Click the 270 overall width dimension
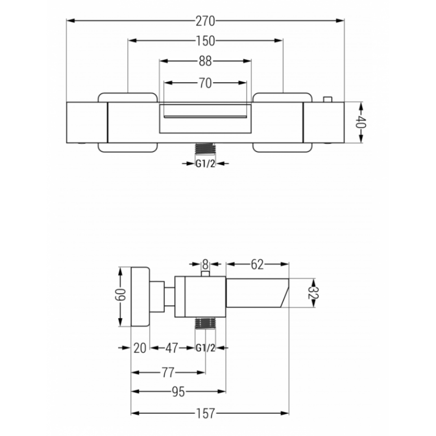click(205, 21)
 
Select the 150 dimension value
click(205, 41)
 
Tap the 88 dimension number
click(205, 61)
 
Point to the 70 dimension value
click(205, 83)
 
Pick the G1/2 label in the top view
click(205, 164)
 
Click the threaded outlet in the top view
click(205, 148)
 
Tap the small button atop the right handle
click(327, 99)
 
